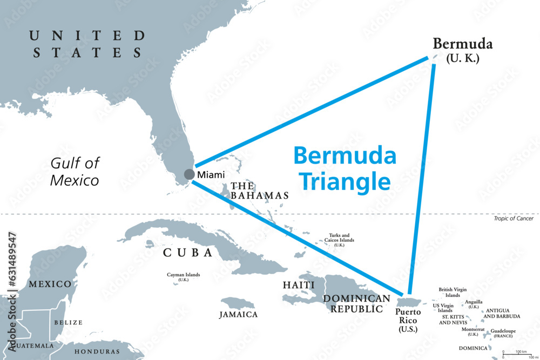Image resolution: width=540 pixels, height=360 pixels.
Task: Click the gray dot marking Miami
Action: [x=189, y=174]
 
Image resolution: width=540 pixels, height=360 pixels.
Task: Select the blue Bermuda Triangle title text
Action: [x=345, y=168]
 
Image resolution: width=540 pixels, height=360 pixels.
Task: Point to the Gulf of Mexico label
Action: [x=75, y=171]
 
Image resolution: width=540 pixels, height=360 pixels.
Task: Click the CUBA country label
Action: [x=187, y=253]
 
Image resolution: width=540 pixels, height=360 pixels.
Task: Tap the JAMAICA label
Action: [x=238, y=315]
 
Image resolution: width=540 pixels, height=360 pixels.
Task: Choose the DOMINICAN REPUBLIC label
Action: [x=356, y=304]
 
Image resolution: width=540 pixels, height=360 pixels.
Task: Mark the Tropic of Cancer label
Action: [x=513, y=219]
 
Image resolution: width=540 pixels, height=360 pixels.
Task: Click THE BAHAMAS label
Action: [x=259, y=191]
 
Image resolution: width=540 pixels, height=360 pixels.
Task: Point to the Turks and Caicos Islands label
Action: [x=339, y=240]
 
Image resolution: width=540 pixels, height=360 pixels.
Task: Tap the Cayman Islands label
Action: [x=183, y=277]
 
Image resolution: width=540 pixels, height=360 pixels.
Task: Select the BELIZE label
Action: [x=68, y=323]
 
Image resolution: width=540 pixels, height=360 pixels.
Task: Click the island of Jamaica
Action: [x=238, y=303]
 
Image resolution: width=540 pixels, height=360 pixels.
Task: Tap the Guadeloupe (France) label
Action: [x=503, y=334]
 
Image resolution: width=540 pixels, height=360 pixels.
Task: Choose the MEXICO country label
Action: [x=50, y=284]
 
